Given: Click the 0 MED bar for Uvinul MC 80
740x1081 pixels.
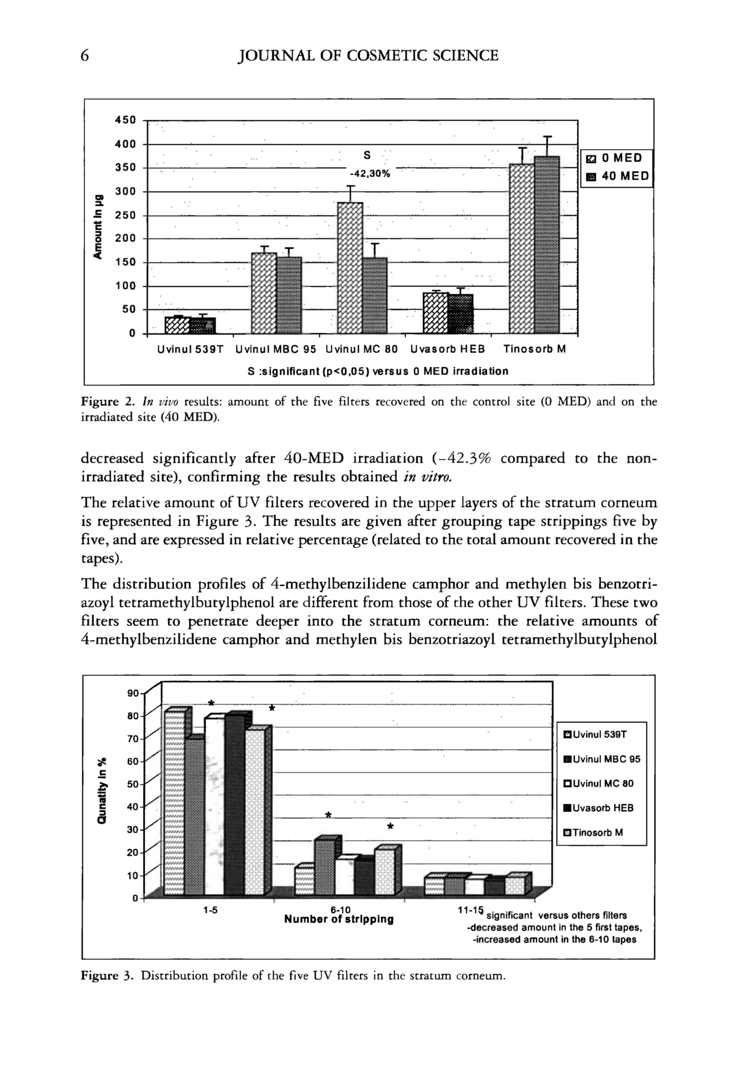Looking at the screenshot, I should coord(350,267).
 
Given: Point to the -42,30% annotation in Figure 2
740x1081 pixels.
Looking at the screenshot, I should coord(370,174).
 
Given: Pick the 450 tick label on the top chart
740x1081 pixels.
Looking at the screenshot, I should coord(126,120).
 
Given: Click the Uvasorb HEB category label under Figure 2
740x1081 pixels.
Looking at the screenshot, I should coord(447,349).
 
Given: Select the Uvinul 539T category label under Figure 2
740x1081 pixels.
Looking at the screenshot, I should coord(191,349).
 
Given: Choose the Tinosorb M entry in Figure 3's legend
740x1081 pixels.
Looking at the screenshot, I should coord(593,832).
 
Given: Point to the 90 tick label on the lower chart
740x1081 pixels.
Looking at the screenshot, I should coord(133,693).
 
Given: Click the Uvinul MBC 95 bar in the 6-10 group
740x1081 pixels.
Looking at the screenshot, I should coord(325,868).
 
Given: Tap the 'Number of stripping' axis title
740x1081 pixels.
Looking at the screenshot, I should coord(339,920).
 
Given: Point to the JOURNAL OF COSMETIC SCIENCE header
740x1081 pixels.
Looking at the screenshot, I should coord(368,56).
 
